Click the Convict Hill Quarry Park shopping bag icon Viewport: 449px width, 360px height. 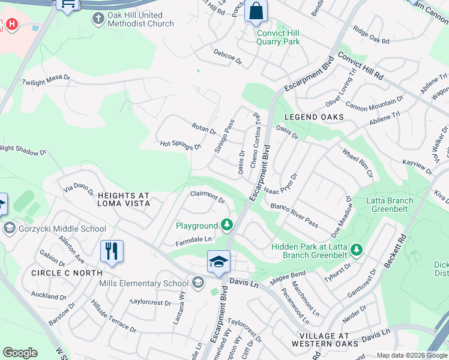pyautogui.click(x=256, y=11)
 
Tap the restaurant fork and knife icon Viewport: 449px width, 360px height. pyautogui.click(x=111, y=251)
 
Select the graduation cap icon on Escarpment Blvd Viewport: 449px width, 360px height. pyautogui.click(x=218, y=261)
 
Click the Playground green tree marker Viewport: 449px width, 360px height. pyautogui.click(x=227, y=225)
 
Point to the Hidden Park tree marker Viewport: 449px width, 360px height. pyautogui.click(x=357, y=248)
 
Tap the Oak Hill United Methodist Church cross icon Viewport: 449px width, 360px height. pyautogui.click(x=98, y=19)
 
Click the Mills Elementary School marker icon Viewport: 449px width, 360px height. pyautogui.click(x=198, y=283)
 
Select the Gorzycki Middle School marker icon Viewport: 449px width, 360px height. pyautogui.click(x=8, y=228)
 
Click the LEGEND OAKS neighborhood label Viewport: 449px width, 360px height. pyautogui.click(x=314, y=117)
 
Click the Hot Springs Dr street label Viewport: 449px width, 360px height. pyautogui.click(x=179, y=146)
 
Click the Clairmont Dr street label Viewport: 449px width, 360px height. pyautogui.click(x=207, y=197)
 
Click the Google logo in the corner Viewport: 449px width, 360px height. pyautogui.click(x=20, y=353)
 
